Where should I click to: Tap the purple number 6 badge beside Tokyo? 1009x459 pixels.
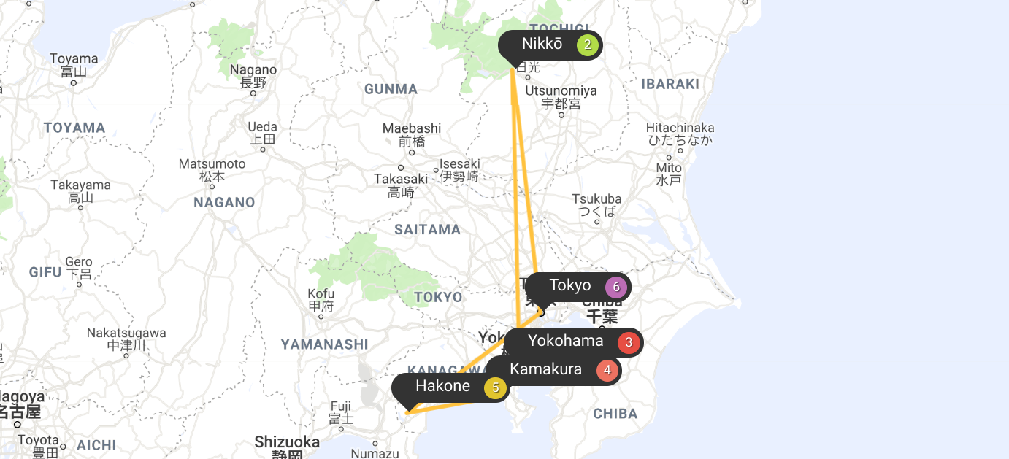pyautogui.click(x=616, y=288)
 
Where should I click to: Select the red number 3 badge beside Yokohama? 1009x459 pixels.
pyautogui.click(x=628, y=342)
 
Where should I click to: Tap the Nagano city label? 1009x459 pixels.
pyautogui.click(x=253, y=70)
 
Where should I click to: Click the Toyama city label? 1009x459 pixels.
pyautogui.click(x=74, y=58)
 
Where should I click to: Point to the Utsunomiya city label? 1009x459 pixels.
pyautogui.click(x=561, y=91)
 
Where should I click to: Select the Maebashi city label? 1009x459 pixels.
pyautogui.click(x=412, y=128)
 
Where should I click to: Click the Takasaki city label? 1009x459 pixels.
pyautogui.click(x=401, y=179)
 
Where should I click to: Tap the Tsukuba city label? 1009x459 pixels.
pyautogui.click(x=597, y=199)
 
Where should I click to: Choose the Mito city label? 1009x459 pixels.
pyautogui.click(x=669, y=167)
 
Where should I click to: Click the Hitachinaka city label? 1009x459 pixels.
pyautogui.click(x=680, y=128)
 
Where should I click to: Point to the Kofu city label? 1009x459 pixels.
pyautogui.click(x=321, y=294)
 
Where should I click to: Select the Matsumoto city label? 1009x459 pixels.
pyautogui.click(x=212, y=164)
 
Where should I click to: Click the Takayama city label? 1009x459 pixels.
pyautogui.click(x=80, y=185)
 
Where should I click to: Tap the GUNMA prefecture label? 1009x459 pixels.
pyautogui.click(x=391, y=90)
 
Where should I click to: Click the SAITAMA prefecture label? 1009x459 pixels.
pyautogui.click(x=428, y=230)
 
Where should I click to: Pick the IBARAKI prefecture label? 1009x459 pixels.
pyautogui.click(x=670, y=84)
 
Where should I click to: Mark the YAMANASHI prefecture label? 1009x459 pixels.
pyautogui.click(x=325, y=344)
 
